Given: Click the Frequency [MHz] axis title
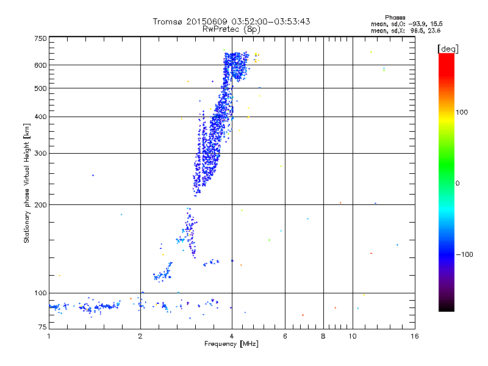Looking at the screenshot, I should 231,345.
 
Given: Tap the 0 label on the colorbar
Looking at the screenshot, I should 458,183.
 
